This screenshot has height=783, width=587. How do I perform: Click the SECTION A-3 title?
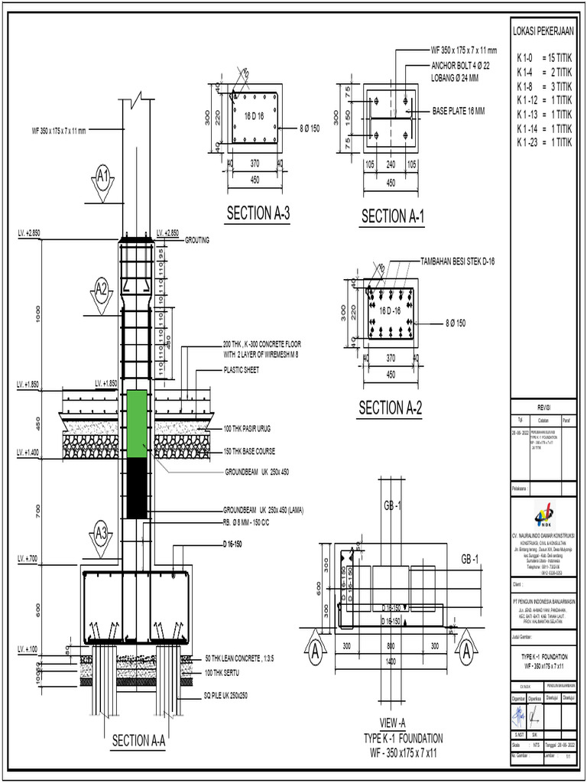pos(258,213)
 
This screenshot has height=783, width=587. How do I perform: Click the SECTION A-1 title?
pos(392,216)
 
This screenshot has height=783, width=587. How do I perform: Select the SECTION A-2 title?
pos(391,408)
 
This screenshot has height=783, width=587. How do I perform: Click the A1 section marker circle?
pos(104,177)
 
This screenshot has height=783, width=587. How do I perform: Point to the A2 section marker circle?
pos(102,288)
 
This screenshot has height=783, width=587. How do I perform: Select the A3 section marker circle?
pos(102,530)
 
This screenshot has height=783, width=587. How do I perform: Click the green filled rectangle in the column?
pos(136,424)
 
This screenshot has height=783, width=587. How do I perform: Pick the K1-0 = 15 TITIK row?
pos(543,57)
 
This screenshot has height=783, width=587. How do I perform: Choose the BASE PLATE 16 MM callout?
pos(459,111)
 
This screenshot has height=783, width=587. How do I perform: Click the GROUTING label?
pos(196,239)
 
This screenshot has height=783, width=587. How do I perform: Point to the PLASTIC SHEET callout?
pos(241,369)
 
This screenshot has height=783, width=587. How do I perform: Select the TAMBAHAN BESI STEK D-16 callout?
pos(457,261)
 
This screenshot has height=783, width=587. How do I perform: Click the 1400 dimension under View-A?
pos(391,661)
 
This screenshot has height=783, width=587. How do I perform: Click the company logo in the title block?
pos(544,511)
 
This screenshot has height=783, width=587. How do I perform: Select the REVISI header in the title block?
pos(543,408)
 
